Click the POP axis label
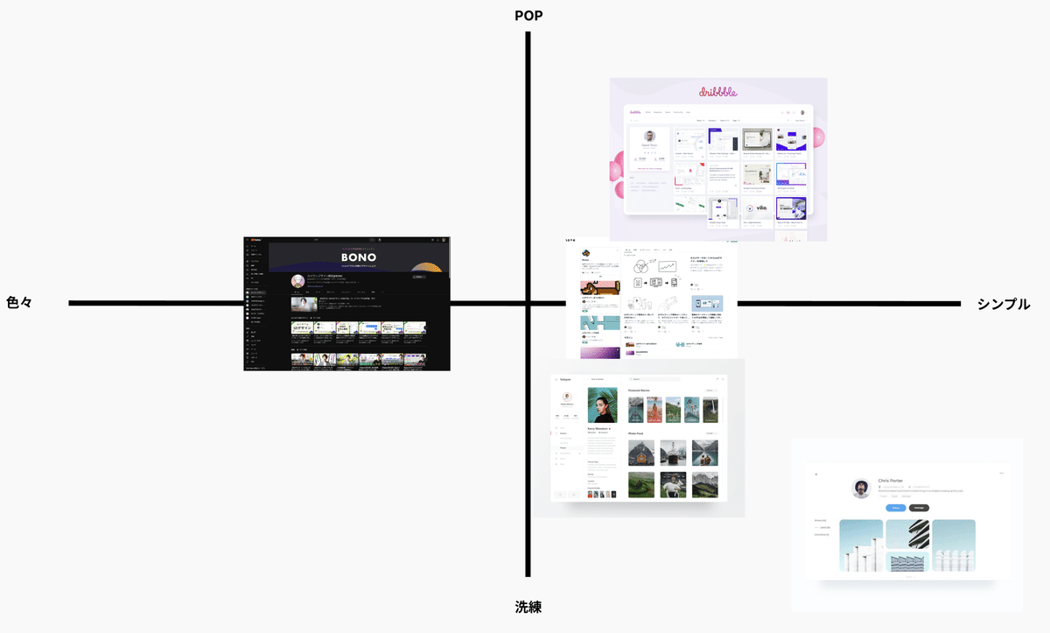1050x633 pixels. [528, 15]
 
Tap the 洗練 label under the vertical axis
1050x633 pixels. [528, 606]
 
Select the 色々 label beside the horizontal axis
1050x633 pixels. [19, 304]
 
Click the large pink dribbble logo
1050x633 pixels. [717, 91]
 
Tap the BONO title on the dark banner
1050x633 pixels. [359, 258]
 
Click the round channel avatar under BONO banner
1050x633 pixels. [297, 282]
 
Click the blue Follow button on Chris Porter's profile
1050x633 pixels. [895, 508]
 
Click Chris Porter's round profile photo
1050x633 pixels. [861, 489]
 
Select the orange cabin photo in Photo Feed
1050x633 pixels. [641, 453]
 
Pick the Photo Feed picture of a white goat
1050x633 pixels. [673, 484]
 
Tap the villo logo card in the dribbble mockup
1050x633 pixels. [757, 208]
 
